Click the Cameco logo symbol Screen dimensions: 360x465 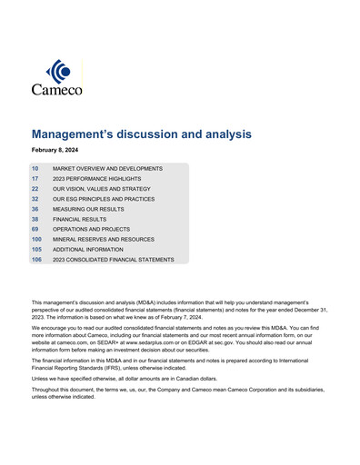pyautogui.click(x=58, y=70)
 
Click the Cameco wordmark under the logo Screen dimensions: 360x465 pyautogui.click(x=56, y=90)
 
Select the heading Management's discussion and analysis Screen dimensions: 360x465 pyautogui.click(x=141, y=134)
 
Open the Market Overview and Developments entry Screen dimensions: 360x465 pyautogui.click(x=107, y=169)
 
